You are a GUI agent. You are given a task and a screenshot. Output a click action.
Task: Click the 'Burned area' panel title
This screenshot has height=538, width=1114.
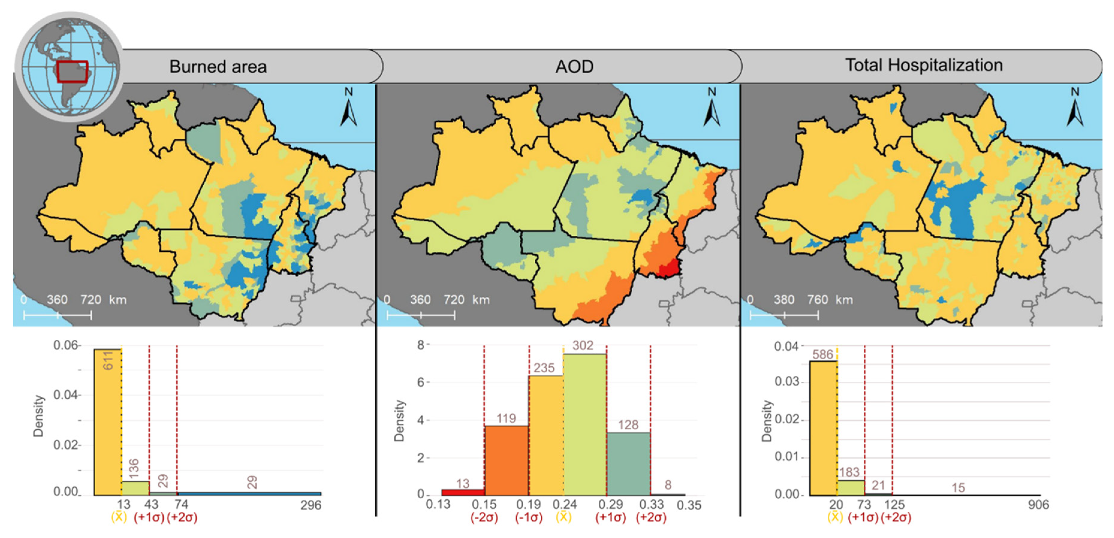(218, 66)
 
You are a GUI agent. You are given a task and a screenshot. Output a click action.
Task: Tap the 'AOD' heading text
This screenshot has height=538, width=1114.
(574, 66)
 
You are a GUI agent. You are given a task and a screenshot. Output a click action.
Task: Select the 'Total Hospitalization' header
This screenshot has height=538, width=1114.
(924, 65)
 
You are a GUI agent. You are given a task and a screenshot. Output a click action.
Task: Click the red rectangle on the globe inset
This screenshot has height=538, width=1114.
(72, 72)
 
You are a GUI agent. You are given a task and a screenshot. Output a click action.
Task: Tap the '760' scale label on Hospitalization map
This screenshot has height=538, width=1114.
(817, 299)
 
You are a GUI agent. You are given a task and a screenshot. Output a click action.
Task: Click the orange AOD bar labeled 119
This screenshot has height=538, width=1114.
(506, 460)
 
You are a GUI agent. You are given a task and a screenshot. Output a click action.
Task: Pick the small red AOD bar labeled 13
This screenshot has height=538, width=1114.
(463, 492)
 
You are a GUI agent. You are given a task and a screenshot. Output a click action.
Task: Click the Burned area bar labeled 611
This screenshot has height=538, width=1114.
(108, 421)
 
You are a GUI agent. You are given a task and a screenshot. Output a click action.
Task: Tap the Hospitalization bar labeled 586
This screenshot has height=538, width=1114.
(823, 428)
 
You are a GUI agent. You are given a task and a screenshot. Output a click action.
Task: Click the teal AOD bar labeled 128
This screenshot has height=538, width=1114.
(628, 463)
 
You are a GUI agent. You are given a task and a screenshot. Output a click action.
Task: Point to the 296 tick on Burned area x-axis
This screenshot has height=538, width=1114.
(310, 505)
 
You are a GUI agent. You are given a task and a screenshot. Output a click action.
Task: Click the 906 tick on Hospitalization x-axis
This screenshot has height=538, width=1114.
(1038, 504)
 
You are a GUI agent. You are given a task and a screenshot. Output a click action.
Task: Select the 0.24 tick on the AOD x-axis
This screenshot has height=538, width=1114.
(564, 504)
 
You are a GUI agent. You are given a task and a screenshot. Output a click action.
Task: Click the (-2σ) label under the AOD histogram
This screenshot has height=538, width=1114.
(484, 517)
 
